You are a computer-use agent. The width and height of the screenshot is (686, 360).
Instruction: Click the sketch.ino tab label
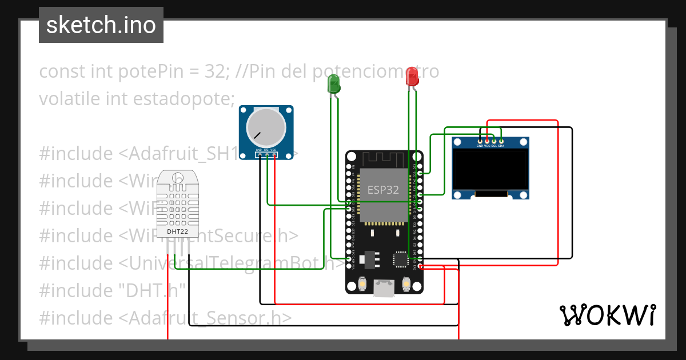101,25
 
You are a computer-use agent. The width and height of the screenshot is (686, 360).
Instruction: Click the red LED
412,77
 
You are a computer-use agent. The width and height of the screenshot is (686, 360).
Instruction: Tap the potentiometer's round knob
266,127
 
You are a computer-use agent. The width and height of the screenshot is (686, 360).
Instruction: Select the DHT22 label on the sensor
177,232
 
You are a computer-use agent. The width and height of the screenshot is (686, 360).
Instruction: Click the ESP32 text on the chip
383,190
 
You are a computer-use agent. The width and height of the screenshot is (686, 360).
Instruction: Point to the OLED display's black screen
490,169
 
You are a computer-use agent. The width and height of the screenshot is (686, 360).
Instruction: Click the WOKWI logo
607,315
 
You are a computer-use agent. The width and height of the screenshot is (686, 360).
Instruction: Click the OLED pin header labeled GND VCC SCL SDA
490,141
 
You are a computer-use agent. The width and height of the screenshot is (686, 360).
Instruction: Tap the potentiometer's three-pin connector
266,154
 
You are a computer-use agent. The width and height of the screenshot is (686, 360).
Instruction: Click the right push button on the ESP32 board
406,282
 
